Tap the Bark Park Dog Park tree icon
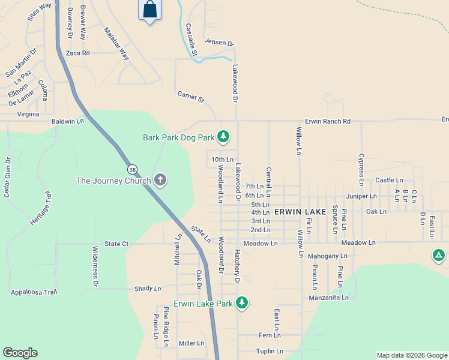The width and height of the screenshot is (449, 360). coord(223,137)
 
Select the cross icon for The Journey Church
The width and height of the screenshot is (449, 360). coord(160,180)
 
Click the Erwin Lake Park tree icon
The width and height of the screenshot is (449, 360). coord(242,303)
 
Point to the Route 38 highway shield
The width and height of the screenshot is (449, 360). coord(131,169)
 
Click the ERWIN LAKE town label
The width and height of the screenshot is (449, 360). coord(300,212)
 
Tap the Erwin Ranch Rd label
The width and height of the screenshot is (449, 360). coord(327,121)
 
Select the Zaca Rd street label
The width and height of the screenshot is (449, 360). coord(78,53)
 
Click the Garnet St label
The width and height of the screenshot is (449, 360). coord(191,96)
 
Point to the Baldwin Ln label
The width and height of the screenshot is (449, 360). coord(68,121)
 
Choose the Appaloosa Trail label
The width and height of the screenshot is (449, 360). coord(34,292)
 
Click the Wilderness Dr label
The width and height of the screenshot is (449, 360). coord(95,265)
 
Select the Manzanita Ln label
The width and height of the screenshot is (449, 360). coord(328,298)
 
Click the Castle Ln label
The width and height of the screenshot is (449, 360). coord(389,180)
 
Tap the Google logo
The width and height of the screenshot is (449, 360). coord(20,353)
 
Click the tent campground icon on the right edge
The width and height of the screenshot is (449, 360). coord(439,256)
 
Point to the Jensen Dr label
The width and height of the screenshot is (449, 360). coord(218,43)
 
